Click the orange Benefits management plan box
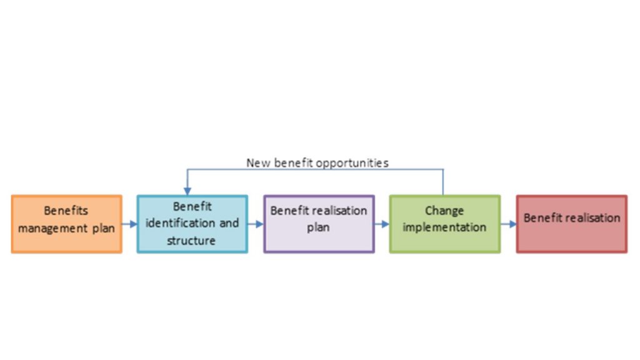(66, 224)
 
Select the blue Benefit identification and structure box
(192, 224)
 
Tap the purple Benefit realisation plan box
(319, 224)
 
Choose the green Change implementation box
(445, 224)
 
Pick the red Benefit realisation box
(571, 224)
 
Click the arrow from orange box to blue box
(129, 224)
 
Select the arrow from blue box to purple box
(256, 224)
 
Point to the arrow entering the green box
(382, 224)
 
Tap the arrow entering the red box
(508, 224)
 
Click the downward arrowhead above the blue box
(187, 191)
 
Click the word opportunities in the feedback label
(352, 163)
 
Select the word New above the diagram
(258, 163)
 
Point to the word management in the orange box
(52, 228)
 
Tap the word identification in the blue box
(181, 223)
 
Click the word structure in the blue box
(191, 241)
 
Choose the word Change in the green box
(444, 211)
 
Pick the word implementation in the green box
(444, 227)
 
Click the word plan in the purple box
(318, 227)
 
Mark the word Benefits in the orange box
(66, 211)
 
